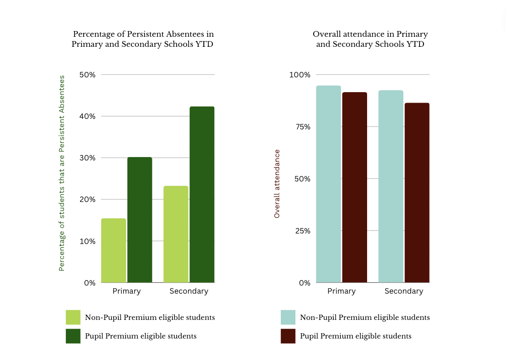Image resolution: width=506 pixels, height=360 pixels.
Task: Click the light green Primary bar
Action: point(114,250)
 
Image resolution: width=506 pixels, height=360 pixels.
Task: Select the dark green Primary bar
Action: point(139,220)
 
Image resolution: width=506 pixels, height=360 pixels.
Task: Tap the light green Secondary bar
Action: point(176,234)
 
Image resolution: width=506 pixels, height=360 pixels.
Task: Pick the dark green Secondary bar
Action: point(202,194)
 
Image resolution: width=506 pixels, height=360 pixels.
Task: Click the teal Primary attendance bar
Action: point(328,184)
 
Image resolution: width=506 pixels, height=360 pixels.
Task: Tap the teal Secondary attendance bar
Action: point(391,186)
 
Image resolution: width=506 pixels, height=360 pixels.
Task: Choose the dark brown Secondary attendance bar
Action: point(417,192)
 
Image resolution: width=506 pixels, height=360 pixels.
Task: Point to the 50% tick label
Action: point(87,75)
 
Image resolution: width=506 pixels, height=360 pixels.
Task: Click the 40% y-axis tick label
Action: point(87,116)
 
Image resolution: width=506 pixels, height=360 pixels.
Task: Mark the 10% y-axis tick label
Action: point(87,241)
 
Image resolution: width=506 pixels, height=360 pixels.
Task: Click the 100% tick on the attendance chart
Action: point(300,75)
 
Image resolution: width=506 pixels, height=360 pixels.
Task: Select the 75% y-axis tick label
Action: point(302,127)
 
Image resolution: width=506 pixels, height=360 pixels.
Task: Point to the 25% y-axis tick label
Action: point(302,231)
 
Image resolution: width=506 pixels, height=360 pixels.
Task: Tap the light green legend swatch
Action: point(73,318)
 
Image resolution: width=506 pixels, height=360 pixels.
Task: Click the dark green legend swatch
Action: point(73,336)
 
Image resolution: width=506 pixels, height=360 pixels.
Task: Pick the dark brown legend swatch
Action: point(288,336)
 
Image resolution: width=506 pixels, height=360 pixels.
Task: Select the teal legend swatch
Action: point(288,318)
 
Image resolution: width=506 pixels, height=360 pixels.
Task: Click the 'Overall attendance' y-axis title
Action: point(277,184)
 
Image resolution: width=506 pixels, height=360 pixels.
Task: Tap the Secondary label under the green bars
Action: point(189,291)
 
